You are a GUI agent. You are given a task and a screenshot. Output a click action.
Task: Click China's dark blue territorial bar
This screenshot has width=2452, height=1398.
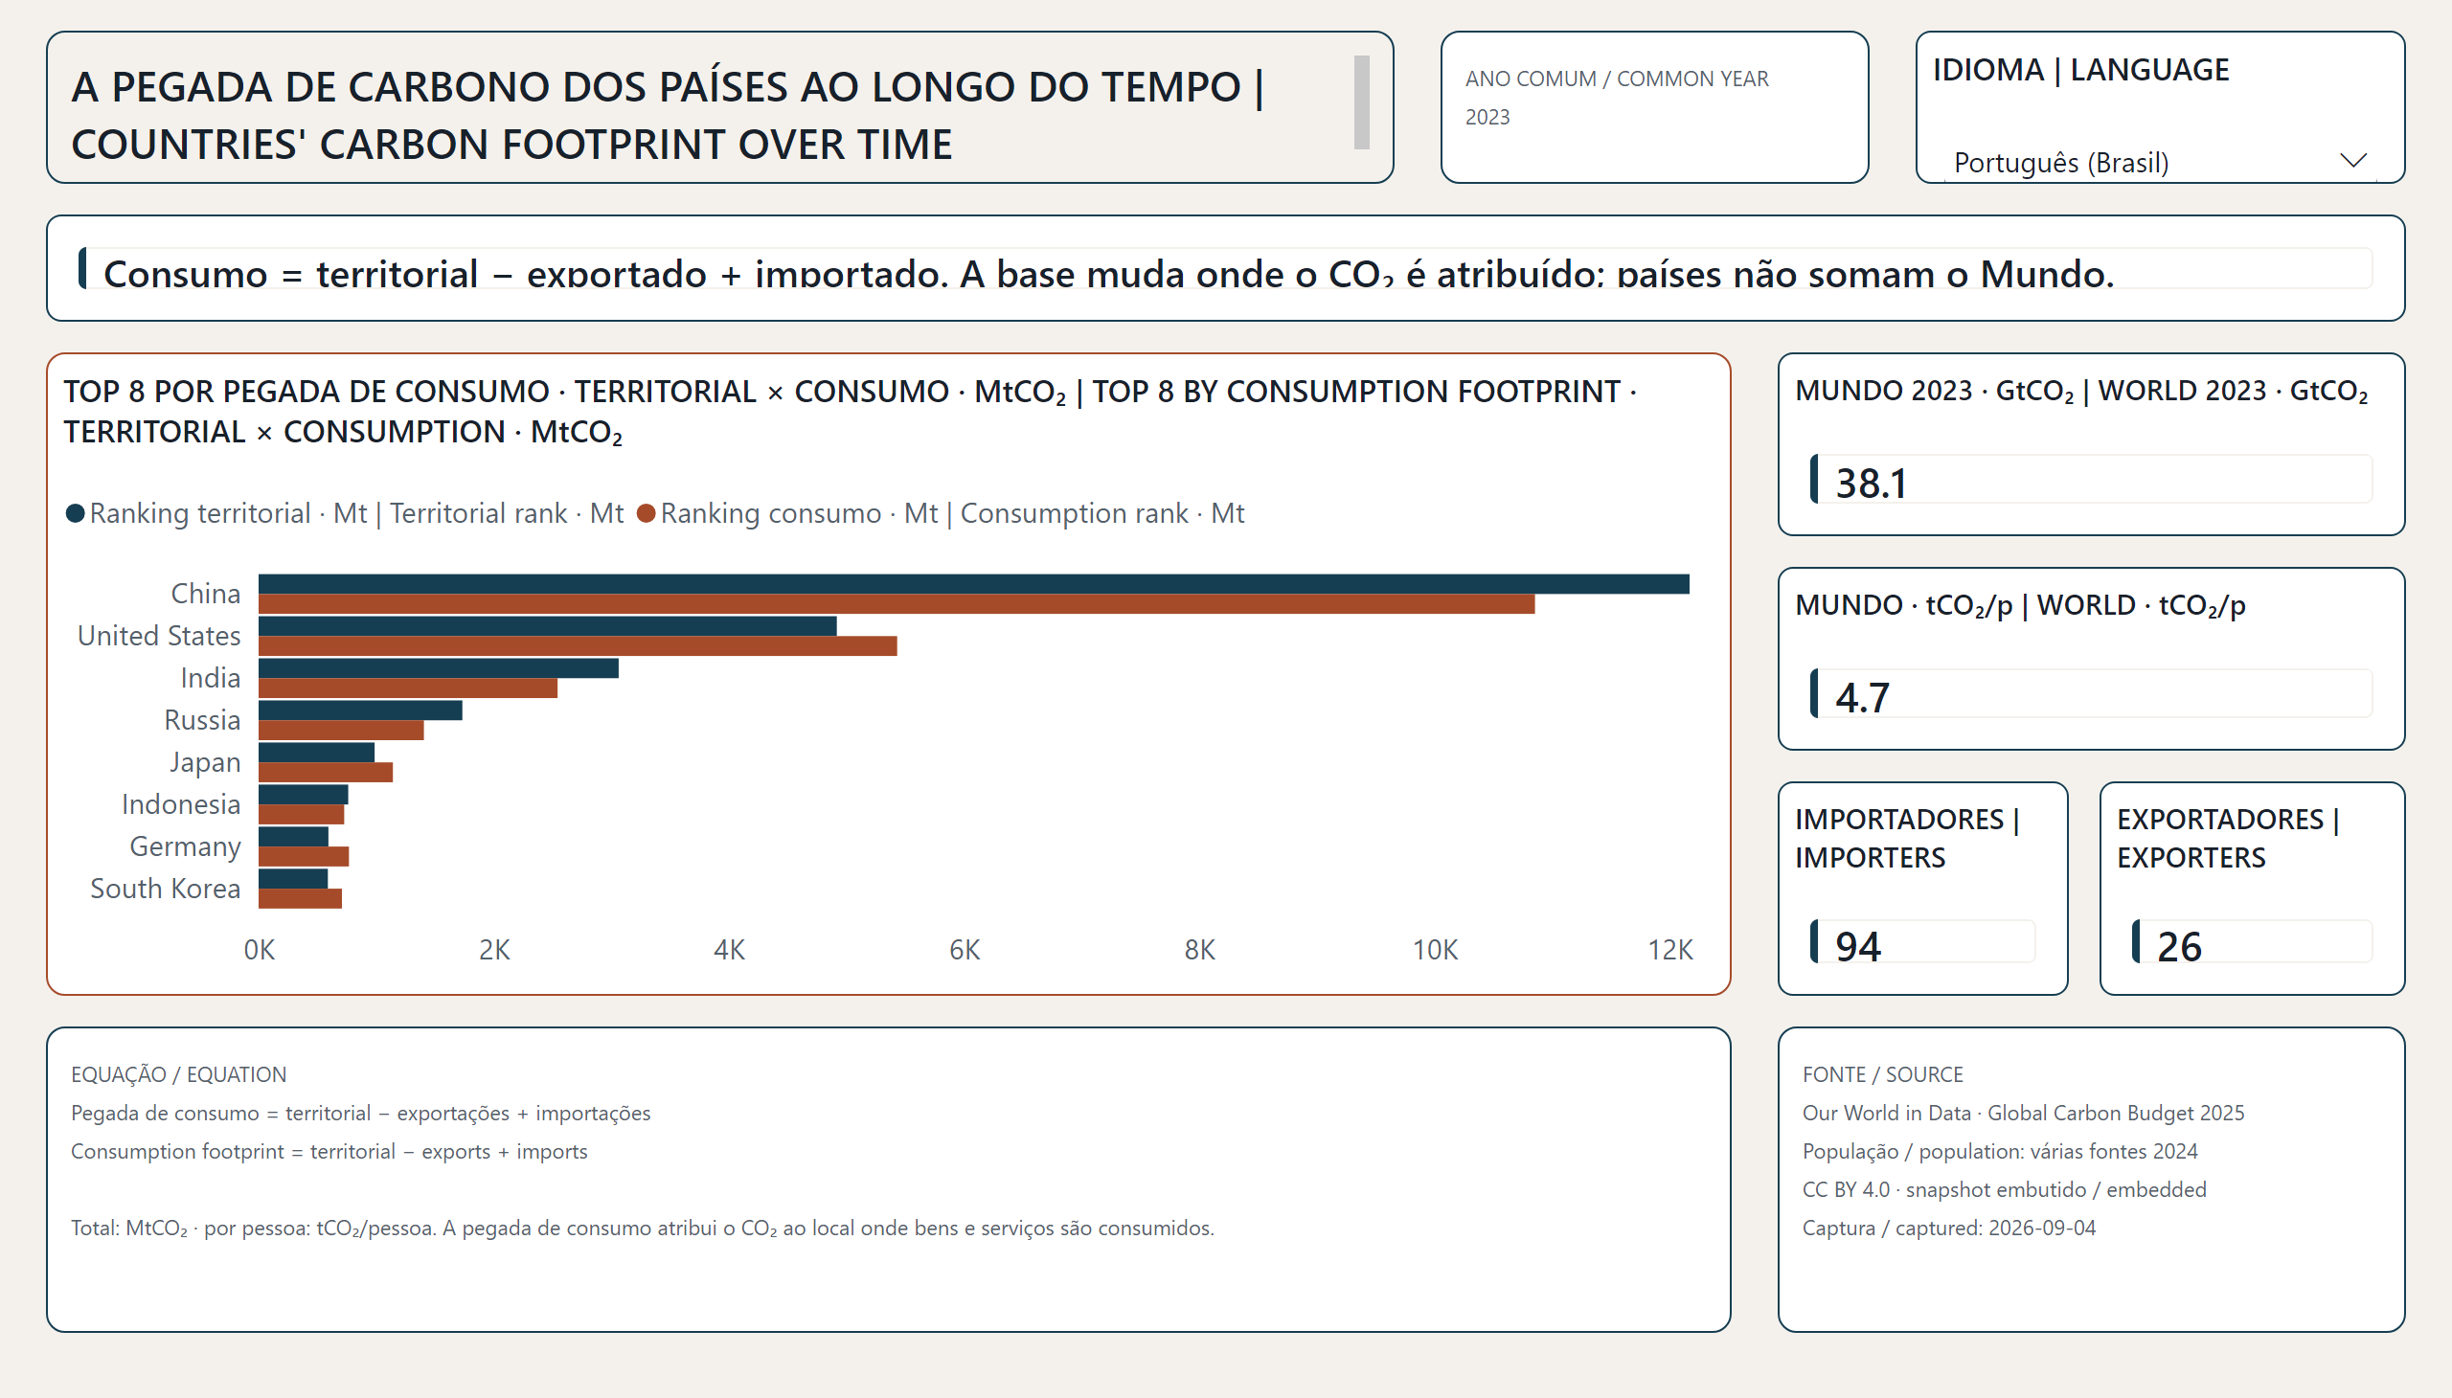pos(974,584)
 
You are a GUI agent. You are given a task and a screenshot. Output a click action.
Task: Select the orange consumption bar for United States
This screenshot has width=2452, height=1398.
pos(579,646)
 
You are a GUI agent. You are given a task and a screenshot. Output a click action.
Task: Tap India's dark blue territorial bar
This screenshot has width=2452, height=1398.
pos(439,668)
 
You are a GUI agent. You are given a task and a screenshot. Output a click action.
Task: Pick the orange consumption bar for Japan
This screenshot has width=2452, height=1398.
pos(326,772)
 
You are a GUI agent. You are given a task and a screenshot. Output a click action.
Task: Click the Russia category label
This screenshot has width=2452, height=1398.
pos(202,720)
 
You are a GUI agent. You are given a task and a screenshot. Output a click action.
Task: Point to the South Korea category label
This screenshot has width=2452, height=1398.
pos(165,889)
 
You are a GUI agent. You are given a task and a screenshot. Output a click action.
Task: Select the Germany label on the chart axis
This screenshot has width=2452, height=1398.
pos(185,846)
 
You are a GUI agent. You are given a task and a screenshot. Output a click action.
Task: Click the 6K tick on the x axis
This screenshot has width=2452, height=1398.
pos(965,950)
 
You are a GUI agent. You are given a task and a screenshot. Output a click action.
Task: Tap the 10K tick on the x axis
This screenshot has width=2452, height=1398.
pos(1435,950)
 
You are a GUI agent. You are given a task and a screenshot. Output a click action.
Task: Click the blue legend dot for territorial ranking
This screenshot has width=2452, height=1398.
pos(75,513)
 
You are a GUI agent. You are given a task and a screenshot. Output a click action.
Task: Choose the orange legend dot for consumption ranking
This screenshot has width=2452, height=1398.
pos(647,513)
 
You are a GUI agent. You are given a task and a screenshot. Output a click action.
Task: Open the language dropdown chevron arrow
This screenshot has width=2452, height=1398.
pos(2353,160)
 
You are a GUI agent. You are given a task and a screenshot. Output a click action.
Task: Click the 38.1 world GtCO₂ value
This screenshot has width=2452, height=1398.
pos(1871,483)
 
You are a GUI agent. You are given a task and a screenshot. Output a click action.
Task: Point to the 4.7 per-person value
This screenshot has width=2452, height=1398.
pos(1862,697)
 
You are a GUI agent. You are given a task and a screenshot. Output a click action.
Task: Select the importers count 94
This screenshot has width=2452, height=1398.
pos(1857,947)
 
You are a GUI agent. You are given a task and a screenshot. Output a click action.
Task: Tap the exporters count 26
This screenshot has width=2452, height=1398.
pos(2179,947)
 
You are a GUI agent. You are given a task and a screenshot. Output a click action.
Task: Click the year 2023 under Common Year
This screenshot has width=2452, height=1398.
pos(1487,117)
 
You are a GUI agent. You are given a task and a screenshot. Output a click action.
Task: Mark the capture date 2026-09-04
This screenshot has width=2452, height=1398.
pos(2042,1229)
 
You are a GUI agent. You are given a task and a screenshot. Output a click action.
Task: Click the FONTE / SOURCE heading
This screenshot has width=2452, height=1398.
pos(1882,1074)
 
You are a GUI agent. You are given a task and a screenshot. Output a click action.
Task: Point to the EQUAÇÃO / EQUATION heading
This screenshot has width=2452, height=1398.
pos(179,1074)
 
